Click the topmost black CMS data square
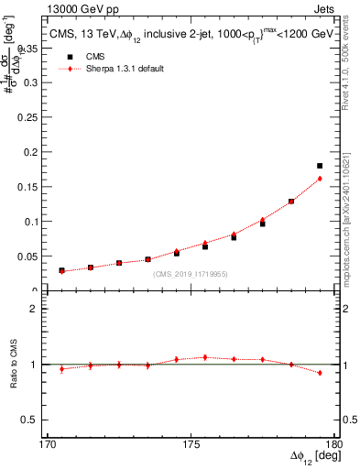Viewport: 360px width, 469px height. coord(320,166)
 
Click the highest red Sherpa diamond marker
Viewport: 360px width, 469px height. coord(320,179)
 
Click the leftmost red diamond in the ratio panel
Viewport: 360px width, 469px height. coord(61,369)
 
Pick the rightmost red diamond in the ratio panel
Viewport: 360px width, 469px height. coord(320,373)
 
